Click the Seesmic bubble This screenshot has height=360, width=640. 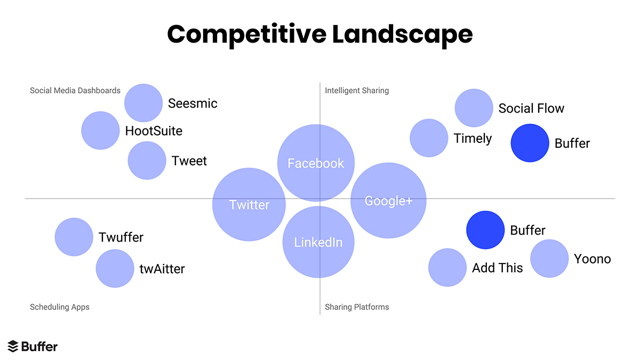[143, 103]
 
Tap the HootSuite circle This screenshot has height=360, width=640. [100, 131]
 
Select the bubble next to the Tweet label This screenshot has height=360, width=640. [147, 161]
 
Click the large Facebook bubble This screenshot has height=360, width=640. [316, 163]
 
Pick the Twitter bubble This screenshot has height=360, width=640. [249, 205]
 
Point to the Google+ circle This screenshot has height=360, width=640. [388, 201]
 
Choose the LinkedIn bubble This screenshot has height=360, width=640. [318, 242]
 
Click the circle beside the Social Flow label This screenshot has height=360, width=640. [474, 108]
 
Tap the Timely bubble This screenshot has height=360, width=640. [429, 138]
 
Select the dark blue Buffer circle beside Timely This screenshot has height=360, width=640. [530, 143]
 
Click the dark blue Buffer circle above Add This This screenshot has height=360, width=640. [485, 230]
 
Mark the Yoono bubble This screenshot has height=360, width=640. [549, 259]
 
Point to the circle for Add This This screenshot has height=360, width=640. [447, 268]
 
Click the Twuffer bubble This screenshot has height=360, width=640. [74, 237]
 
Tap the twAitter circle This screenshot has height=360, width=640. [115, 268]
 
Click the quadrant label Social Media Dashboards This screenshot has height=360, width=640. [75, 91]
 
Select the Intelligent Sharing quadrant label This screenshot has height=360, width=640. [357, 91]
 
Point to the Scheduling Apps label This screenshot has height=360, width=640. [60, 307]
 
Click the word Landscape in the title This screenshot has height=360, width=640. [402, 34]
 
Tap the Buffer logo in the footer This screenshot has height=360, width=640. [33, 346]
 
